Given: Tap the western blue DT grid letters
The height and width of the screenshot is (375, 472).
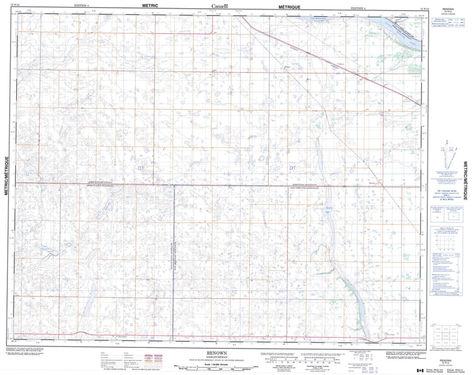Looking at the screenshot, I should (x=141, y=168).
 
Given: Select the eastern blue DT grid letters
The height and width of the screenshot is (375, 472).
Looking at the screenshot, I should (x=292, y=168).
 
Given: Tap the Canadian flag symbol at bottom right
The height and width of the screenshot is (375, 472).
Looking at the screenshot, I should (x=420, y=370).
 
